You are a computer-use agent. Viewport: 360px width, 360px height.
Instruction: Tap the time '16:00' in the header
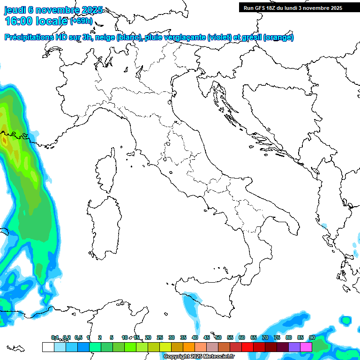(x=19, y=21)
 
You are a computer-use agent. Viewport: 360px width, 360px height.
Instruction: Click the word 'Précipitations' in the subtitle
(x=30, y=37)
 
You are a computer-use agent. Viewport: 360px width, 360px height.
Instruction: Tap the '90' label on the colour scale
(x=312, y=337)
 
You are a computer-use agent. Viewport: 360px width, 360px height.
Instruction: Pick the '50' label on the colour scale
(x=218, y=337)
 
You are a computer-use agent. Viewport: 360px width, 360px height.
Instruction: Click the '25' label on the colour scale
(x=159, y=337)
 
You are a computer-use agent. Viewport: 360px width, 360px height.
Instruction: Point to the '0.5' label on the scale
(x=78, y=337)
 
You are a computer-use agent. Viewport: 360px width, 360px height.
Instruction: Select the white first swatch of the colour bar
(x=48, y=347)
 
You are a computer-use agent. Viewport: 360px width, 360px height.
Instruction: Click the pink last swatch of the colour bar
(x=306, y=347)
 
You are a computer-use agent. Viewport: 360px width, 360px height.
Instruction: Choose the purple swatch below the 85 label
(x=294, y=347)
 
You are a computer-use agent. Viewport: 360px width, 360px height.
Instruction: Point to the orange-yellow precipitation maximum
(x=10, y=143)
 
